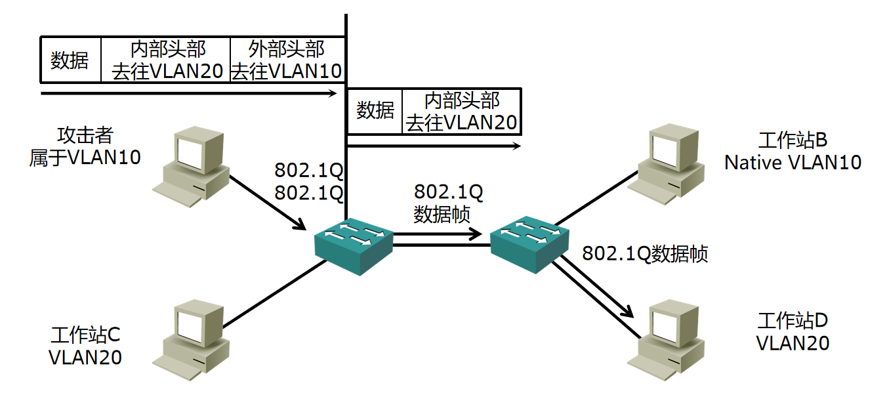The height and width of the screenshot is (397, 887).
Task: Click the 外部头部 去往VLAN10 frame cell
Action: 287,60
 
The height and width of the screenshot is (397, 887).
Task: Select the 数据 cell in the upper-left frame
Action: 70,60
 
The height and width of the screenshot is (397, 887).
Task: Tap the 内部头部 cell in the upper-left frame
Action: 167,60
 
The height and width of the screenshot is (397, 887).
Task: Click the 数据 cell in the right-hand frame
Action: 375,111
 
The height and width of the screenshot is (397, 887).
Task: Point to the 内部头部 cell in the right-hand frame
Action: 461,111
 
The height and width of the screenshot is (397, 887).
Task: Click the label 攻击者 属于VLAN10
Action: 85,146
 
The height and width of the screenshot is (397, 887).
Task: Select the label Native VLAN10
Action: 793,162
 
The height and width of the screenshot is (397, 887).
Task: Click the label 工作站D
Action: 793,321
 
